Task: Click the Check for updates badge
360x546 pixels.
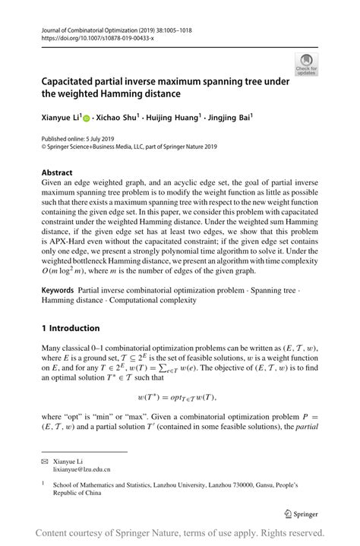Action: pyautogui.click(x=306, y=64)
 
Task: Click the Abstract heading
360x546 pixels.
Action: pyautogui.click(x=58, y=172)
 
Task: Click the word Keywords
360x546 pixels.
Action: pyautogui.click(x=58, y=291)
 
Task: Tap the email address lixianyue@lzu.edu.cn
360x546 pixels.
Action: pyautogui.click(x=83, y=470)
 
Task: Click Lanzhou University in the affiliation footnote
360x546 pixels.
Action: pyautogui.click(x=202, y=484)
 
